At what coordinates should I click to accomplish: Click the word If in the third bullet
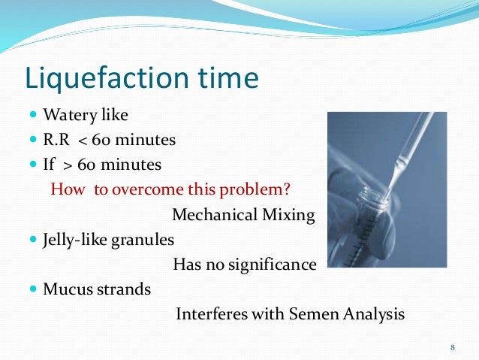(50, 163)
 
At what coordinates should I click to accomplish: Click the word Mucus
(65, 289)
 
